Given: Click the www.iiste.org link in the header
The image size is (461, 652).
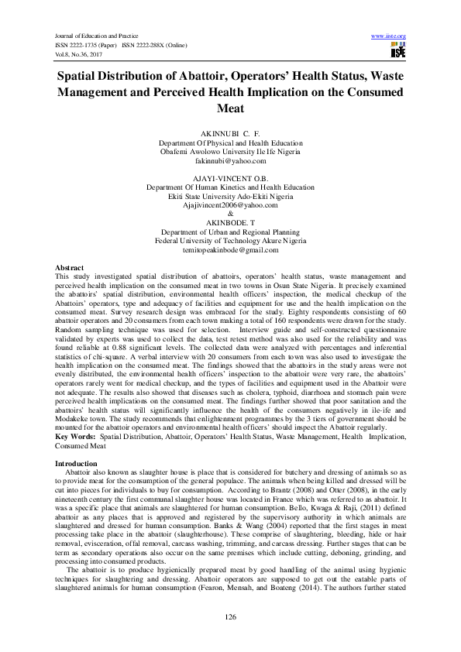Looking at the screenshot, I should (389, 36).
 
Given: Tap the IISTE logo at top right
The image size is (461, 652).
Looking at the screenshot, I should (398, 50).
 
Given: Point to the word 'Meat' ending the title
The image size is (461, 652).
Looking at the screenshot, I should (230, 109).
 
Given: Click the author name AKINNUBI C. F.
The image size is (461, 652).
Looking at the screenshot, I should (230, 133).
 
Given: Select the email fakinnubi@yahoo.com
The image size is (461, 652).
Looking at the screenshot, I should (230, 161).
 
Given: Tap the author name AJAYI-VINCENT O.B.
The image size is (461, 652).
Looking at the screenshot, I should (230, 177).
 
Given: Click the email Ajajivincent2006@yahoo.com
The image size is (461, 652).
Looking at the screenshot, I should (230, 205).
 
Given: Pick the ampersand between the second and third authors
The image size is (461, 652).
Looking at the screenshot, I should (230, 214).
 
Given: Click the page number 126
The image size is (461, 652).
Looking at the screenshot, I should (230, 616).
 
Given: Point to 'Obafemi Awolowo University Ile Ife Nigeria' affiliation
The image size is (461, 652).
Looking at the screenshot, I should (230, 152).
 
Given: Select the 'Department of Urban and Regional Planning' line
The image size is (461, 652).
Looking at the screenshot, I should (230, 232).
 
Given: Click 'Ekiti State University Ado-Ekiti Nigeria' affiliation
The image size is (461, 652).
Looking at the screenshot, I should (230, 196).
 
